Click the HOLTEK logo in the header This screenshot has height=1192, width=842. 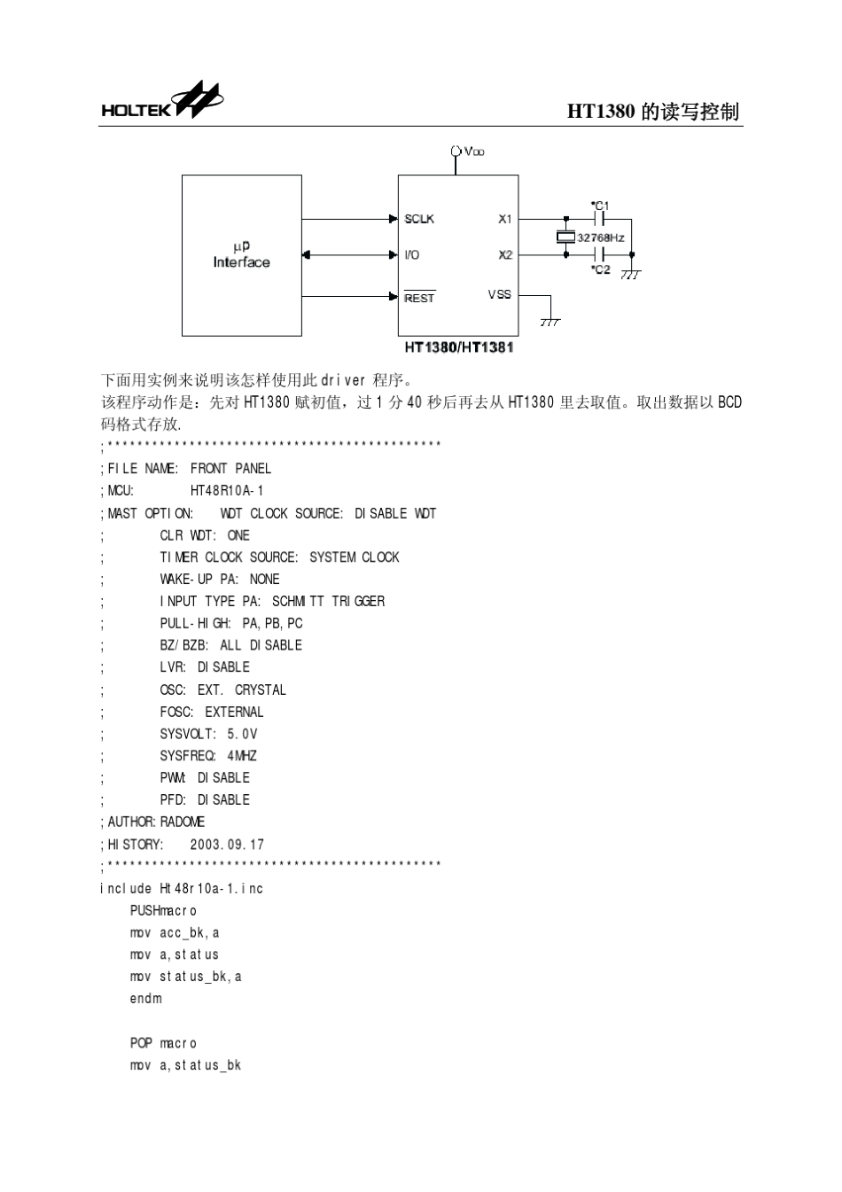(x=162, y=100)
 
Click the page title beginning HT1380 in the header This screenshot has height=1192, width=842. (x=653, y=112)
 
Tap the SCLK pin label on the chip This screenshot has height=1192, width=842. (x=419, y=219)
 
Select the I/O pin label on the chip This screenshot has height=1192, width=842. (x=411, y=255)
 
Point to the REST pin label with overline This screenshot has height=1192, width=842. (x=419, y=298)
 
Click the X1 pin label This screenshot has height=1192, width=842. (x=504, y=219)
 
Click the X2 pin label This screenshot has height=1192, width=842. (x=505, y=255)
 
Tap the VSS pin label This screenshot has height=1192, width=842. (x=499, y=294)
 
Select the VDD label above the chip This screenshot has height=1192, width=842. (x=473, y=152)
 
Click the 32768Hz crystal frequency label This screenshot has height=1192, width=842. (x=600, y=238)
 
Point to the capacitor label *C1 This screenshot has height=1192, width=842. (x=600, y=206)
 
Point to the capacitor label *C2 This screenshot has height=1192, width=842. (x=600, y=269)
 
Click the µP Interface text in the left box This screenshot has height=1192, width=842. (x=242, y=254)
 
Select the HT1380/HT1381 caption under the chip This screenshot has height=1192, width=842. (x=459, y=347)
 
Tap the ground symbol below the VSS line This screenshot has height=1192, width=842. (x=550, y=323)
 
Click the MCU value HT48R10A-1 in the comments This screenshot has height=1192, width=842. (x=227, y=490)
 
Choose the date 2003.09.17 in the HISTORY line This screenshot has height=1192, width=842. (x=227, y=845)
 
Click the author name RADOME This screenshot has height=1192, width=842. (x=182, y=822)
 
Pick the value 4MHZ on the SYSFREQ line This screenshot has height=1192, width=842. (x=242, y=756)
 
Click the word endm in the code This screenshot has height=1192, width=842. (x=146, y=998)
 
